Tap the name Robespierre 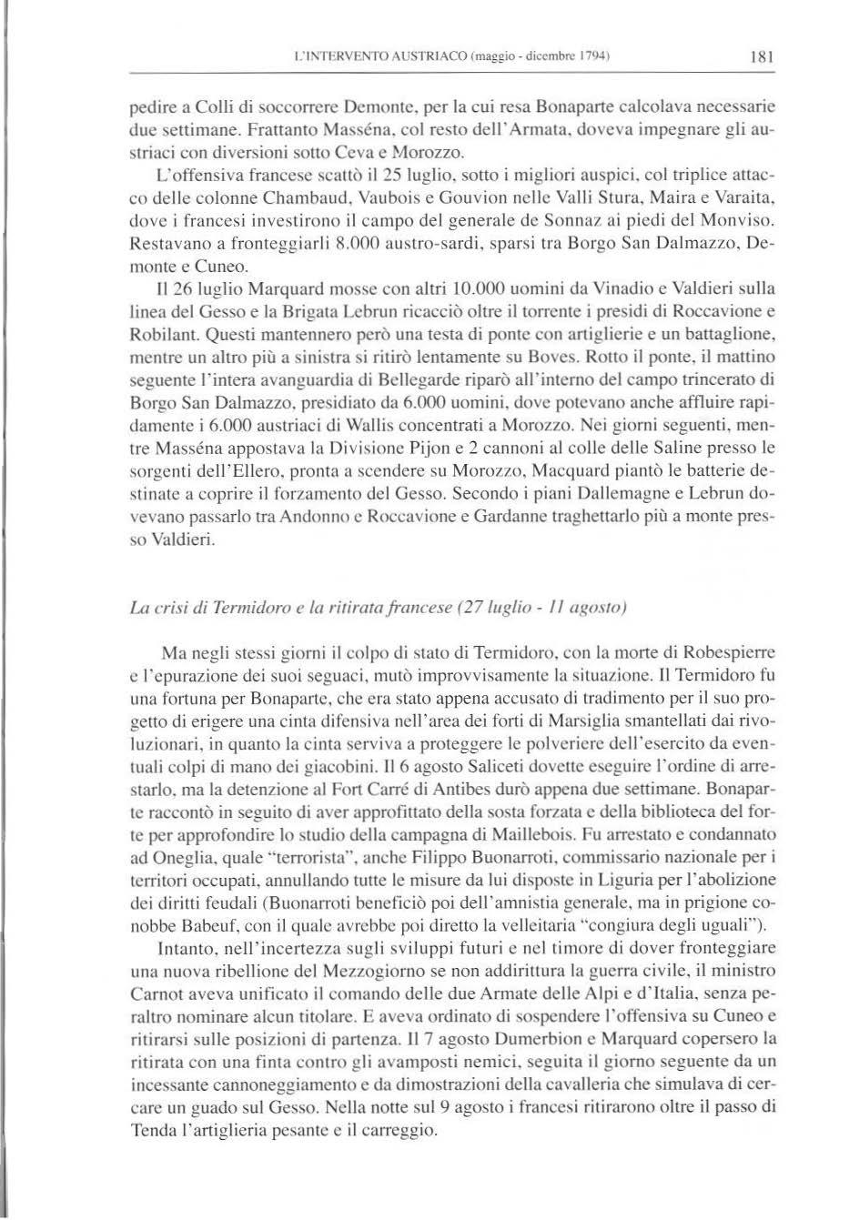[x=724, y=652]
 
